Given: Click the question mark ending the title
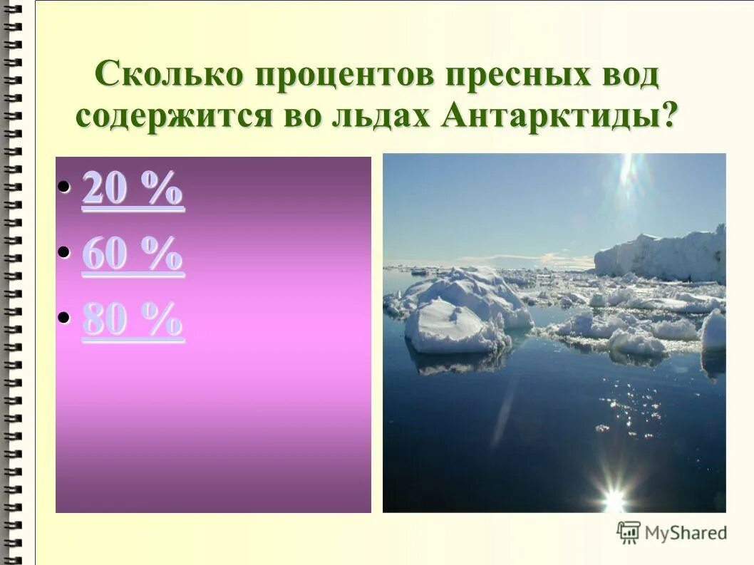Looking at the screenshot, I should (x=669, y=115).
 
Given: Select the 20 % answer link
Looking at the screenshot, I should (x=133, y=190).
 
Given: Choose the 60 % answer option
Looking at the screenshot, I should (x=133, y=255).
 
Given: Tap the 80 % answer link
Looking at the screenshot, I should (x=133, y=321).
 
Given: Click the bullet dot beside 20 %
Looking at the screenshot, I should (x=64, y=187).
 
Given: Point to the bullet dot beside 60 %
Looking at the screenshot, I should (x=64, y=252).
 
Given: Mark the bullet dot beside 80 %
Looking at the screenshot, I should (x=64, y=318).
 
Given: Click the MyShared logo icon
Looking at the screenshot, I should (x=629, y=532).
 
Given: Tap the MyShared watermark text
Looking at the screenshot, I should (x=686, y=532).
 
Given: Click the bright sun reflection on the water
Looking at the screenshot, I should (x=613, y=492).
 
